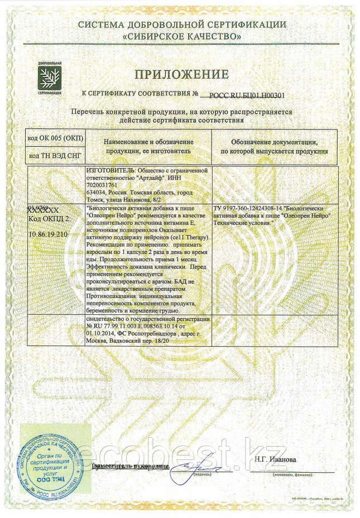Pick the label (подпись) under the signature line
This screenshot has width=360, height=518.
[x=203, y=474]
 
